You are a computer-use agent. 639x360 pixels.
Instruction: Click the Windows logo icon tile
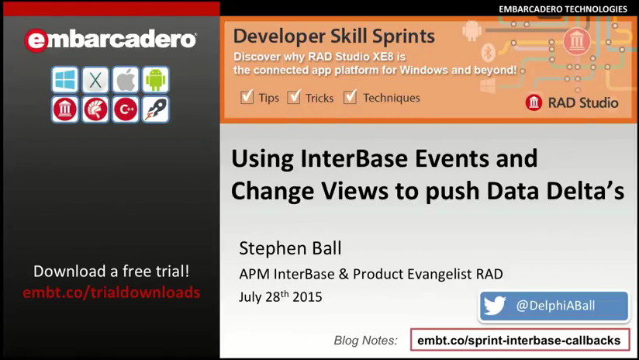pyautogui.click(x=65, y=79)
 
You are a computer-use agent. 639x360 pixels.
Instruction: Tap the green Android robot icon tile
pyautogui.click(x=156, y=79)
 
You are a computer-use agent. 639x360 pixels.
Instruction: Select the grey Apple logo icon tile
pyautogui.click(x=126, y=79)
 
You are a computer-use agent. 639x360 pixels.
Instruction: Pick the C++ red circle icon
pyautogui.click(x=126, y=109)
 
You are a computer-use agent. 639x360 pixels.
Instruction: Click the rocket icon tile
pyautogui.click(x=156, y=109)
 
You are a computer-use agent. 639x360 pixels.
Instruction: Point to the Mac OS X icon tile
pyautogui.click(x=95, y=79)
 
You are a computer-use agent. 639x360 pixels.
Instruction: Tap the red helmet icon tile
pyautogui.click(x=95, y=109)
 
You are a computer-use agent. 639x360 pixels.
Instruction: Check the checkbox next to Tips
pyautogui.click(x=247, y=97)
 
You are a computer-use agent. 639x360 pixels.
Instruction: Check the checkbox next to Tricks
pyautogui.click(x=294, y=97)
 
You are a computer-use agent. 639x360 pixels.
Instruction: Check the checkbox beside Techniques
pyautogui.click(x=350, y=97)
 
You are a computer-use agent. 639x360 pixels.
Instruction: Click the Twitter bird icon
pyautogui.click(x=495, y=306)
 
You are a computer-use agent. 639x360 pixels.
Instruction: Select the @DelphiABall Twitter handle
pyautogui.click(x=555, y=306)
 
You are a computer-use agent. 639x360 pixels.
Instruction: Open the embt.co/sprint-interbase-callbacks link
pyautogui.click(x=519, y=340)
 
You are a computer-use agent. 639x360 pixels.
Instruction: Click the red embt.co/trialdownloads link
pyautogui.click(x=111, y=292)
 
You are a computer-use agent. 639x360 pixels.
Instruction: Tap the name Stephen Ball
pyautogui.click(x=290, y=247)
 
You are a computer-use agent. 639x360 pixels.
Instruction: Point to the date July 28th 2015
pyautogui.click(x=281, y=296)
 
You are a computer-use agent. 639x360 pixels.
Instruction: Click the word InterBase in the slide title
pyautogui.click(x=354, y=158)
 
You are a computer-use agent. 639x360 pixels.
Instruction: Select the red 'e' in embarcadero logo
pyautogui.click(x=36, y=40)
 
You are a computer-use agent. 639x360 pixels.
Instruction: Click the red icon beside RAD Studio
pyautogui.click(x=534, y=102)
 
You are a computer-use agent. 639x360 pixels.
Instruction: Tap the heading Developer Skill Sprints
pyautogui.click(x=334, y=36)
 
